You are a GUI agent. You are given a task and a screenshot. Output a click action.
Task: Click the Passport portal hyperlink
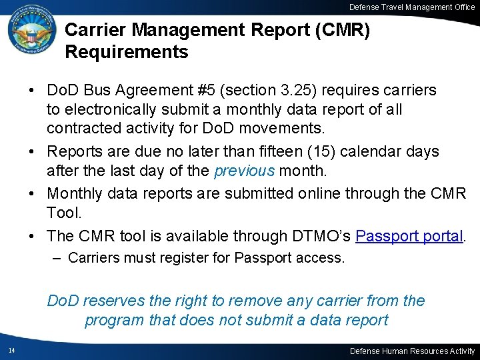click(409, 236)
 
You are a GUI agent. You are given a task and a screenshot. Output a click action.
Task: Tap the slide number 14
click(12, 351)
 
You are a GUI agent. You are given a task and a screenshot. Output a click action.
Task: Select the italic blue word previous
click(244, 171)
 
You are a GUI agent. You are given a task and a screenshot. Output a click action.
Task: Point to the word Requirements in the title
click(127, 51)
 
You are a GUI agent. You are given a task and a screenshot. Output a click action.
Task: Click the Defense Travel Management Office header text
click(412, 7)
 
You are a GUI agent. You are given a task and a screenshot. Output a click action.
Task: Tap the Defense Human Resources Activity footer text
click(413, 351)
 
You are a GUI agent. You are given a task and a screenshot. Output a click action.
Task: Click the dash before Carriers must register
click(58, 257)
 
